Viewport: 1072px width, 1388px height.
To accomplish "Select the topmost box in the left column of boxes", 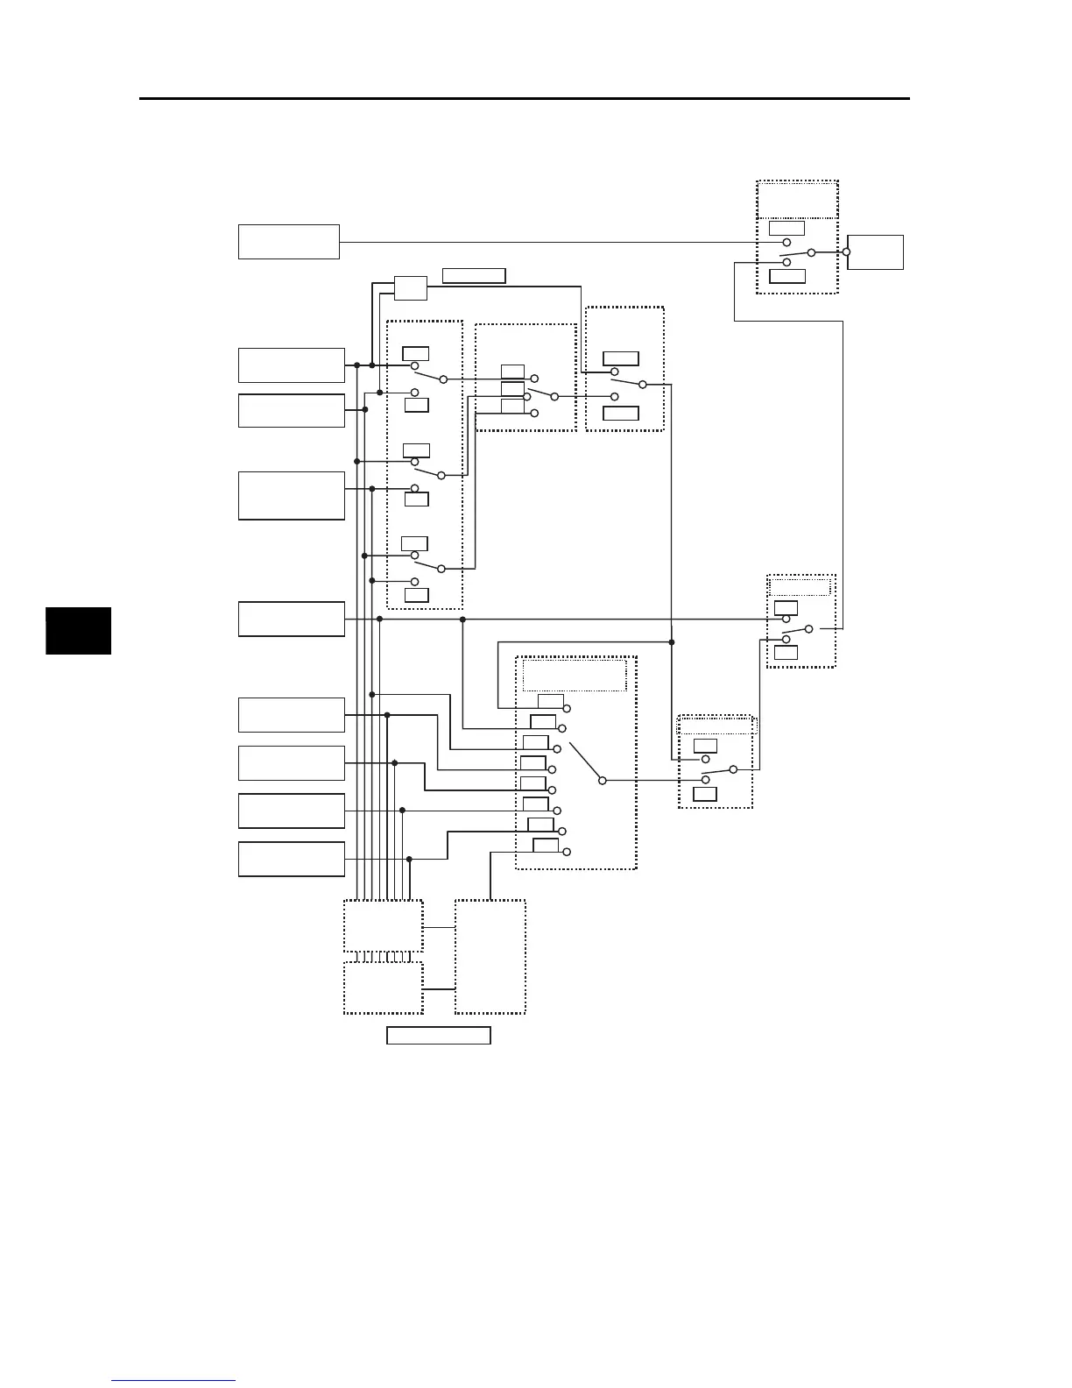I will click(x=288, y=241).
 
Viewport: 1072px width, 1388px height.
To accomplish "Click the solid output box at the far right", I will click(x=877, y=251).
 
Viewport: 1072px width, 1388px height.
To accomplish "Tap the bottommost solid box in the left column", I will click(x=291, y=859).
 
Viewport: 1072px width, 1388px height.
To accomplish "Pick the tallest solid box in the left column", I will click(x=291, y=495).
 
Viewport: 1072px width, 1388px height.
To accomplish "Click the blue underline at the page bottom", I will click(x=173, y=1380).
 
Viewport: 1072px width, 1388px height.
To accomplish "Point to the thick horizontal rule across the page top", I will click(x=525, y=98).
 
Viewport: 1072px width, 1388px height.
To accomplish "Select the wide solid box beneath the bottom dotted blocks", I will click(x=438, y=1036).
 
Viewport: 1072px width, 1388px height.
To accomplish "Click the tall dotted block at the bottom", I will click(x=490, y=956).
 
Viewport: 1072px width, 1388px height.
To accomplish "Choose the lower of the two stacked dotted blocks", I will click(x=383, y=988).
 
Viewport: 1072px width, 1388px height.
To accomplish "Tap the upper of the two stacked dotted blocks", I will click(x=383, y=924).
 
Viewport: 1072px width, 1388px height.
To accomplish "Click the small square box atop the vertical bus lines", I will click(x=410, y=288).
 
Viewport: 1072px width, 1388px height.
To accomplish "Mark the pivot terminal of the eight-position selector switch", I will click(x=602, y=780).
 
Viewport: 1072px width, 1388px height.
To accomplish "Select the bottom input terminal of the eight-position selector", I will click(x=566, y=852).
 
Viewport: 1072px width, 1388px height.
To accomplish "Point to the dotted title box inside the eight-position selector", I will click(x=575, y=676).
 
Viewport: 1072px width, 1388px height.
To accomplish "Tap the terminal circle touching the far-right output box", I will click(x=846, y=251).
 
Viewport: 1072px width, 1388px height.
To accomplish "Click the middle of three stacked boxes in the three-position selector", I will click(x=512, y=388).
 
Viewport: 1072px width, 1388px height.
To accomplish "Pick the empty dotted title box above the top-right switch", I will click(x=797, y=199).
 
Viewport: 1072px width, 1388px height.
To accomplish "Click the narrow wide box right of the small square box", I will click(x=474, y=276).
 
